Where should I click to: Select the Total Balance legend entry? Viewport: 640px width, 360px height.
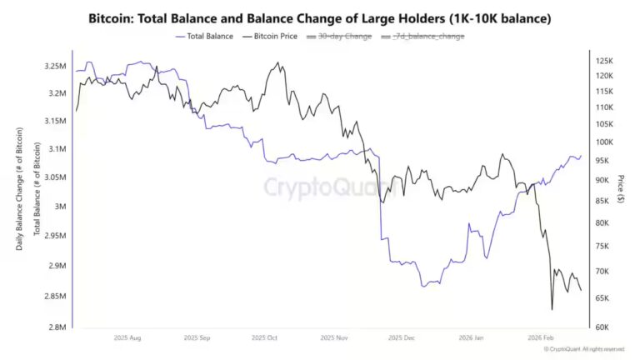pyautogui.click(x=206, y=36)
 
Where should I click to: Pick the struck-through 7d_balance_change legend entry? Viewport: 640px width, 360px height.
pyautogui.click(x=422, y=36)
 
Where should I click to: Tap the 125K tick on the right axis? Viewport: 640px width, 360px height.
pyautogui.click(x=604, y=62)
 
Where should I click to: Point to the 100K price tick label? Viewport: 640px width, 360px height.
pyautogui.click(x=604, y=142)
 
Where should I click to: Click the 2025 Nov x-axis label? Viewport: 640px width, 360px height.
pyautogui.click(x=333, y=338)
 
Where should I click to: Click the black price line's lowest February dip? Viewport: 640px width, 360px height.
pyautogui.click(x=552, y=310)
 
